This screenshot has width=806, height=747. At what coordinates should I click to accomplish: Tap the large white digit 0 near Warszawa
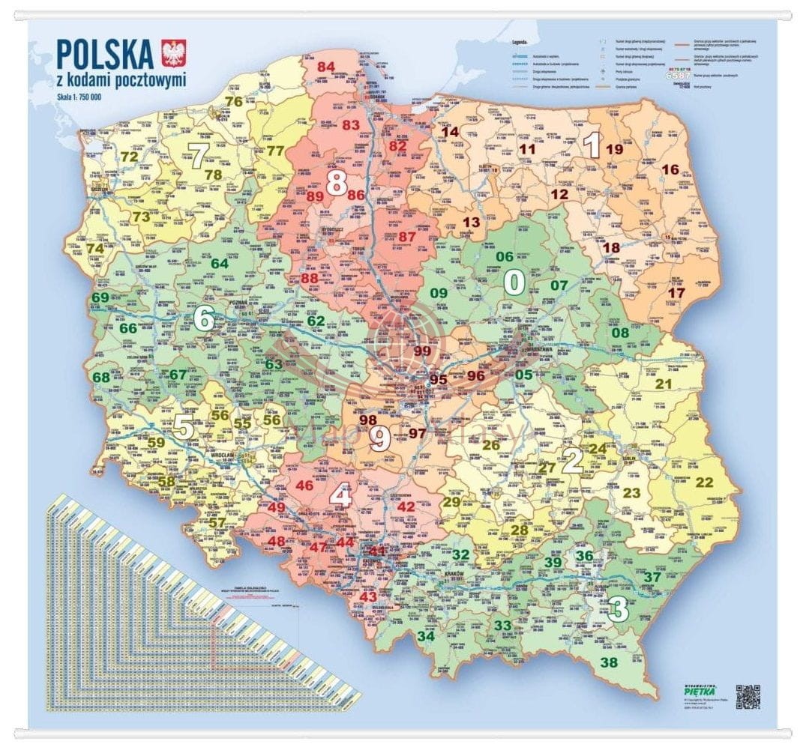[x=514, y=282]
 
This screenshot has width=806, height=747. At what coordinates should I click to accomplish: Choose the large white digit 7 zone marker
[x=199, y=156]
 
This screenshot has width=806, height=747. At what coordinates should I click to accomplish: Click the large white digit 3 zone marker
[x=618, y=609]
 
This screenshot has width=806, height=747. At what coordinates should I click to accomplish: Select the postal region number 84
[x=325, y=67]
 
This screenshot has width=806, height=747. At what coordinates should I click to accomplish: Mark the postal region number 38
[x=609, y=662]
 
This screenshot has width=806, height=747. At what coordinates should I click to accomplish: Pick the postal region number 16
[x=670, y=169]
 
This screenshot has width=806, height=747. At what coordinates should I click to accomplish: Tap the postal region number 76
[x=234, y=102]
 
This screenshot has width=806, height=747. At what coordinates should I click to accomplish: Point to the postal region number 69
[x=100, y=297]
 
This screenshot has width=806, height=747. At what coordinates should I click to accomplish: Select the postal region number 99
[x=422, y=351]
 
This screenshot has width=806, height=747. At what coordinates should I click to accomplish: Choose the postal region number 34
[x=426, y=636]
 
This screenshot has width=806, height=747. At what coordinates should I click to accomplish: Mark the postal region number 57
[x=217, y=522]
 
